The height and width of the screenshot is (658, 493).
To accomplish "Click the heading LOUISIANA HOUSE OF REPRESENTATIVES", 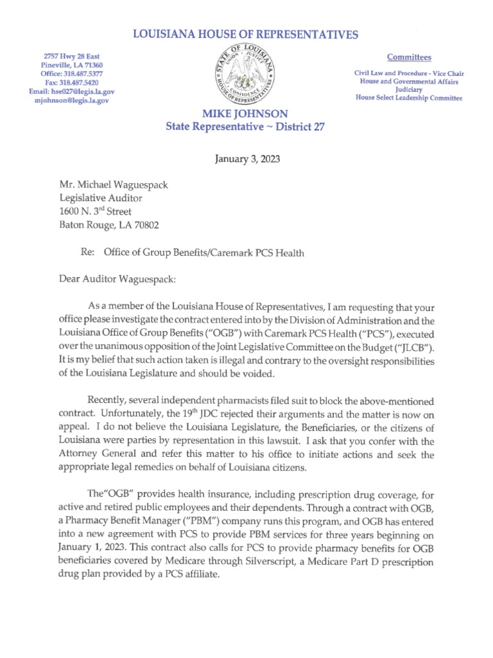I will (245, 35).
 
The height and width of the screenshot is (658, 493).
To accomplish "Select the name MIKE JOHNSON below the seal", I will (245, 114).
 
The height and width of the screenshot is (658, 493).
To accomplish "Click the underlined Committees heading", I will (409, 57).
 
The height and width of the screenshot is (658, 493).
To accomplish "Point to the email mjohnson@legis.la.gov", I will (72, 102).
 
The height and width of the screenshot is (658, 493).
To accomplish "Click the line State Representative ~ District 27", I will (245, 127).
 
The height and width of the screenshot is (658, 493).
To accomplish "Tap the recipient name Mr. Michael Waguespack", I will (114, 186).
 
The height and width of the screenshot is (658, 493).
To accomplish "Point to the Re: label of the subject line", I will (88, 253).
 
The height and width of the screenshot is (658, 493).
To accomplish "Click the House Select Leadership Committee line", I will (409, 98).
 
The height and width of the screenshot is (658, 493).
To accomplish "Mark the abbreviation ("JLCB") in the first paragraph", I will (409, 348).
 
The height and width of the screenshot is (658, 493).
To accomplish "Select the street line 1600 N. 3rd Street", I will (96, 212).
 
